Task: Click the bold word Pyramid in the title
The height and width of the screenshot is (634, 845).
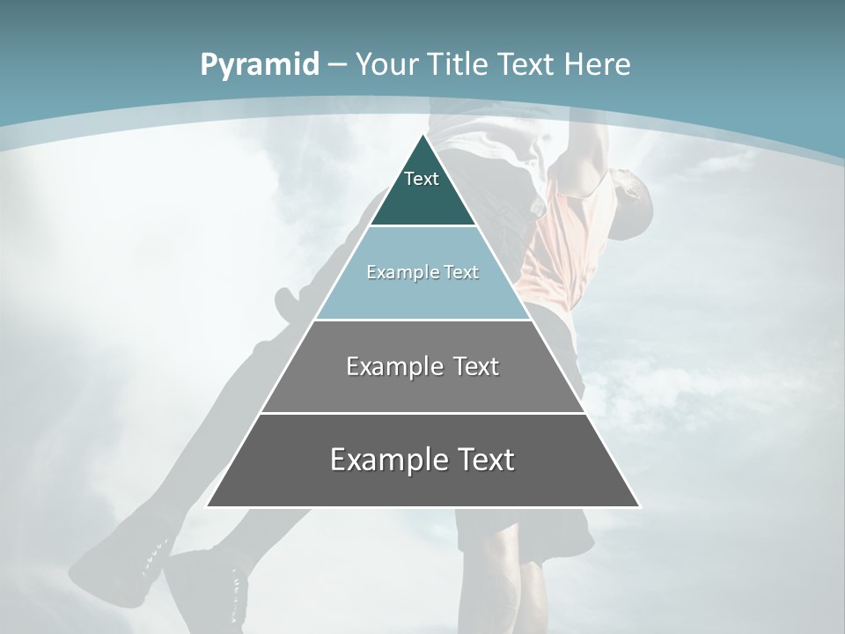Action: pyautogui.click(x=260, y=65)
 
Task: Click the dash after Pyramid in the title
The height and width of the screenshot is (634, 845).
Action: pyautogui.click(x=337, y=65)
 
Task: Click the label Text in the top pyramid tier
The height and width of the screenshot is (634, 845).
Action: pyautogui.click(x=422, y=179)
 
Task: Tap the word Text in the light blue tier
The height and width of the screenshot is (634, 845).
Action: pyautogui.click(x=462, y=272)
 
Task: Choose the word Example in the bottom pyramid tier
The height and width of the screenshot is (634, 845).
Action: pyautogui.click(x=388, y=460)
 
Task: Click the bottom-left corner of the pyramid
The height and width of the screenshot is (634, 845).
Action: pyautogui.click(x=208, y=506)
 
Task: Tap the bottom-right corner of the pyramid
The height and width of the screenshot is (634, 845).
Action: pyautogui.click(x=639, y=506)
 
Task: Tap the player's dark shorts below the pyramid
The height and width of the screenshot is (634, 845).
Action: pyautogui.click(x=528, y=533)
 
